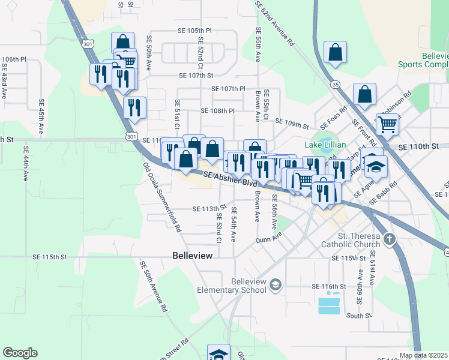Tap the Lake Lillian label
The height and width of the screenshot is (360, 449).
coord(325,145)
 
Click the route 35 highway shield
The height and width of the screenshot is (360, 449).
coord(334,84)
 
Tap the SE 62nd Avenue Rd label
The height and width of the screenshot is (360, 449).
coord(274,24)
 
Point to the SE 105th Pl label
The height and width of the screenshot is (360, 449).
coord(194,30)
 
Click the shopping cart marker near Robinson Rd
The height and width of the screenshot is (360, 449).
coord(387,124)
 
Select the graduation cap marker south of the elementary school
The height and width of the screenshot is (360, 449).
coord(218,353)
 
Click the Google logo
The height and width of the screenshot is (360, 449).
coord(20,353)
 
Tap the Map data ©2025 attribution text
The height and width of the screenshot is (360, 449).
coord(423,355)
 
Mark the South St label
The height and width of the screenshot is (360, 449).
coord(360,316)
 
